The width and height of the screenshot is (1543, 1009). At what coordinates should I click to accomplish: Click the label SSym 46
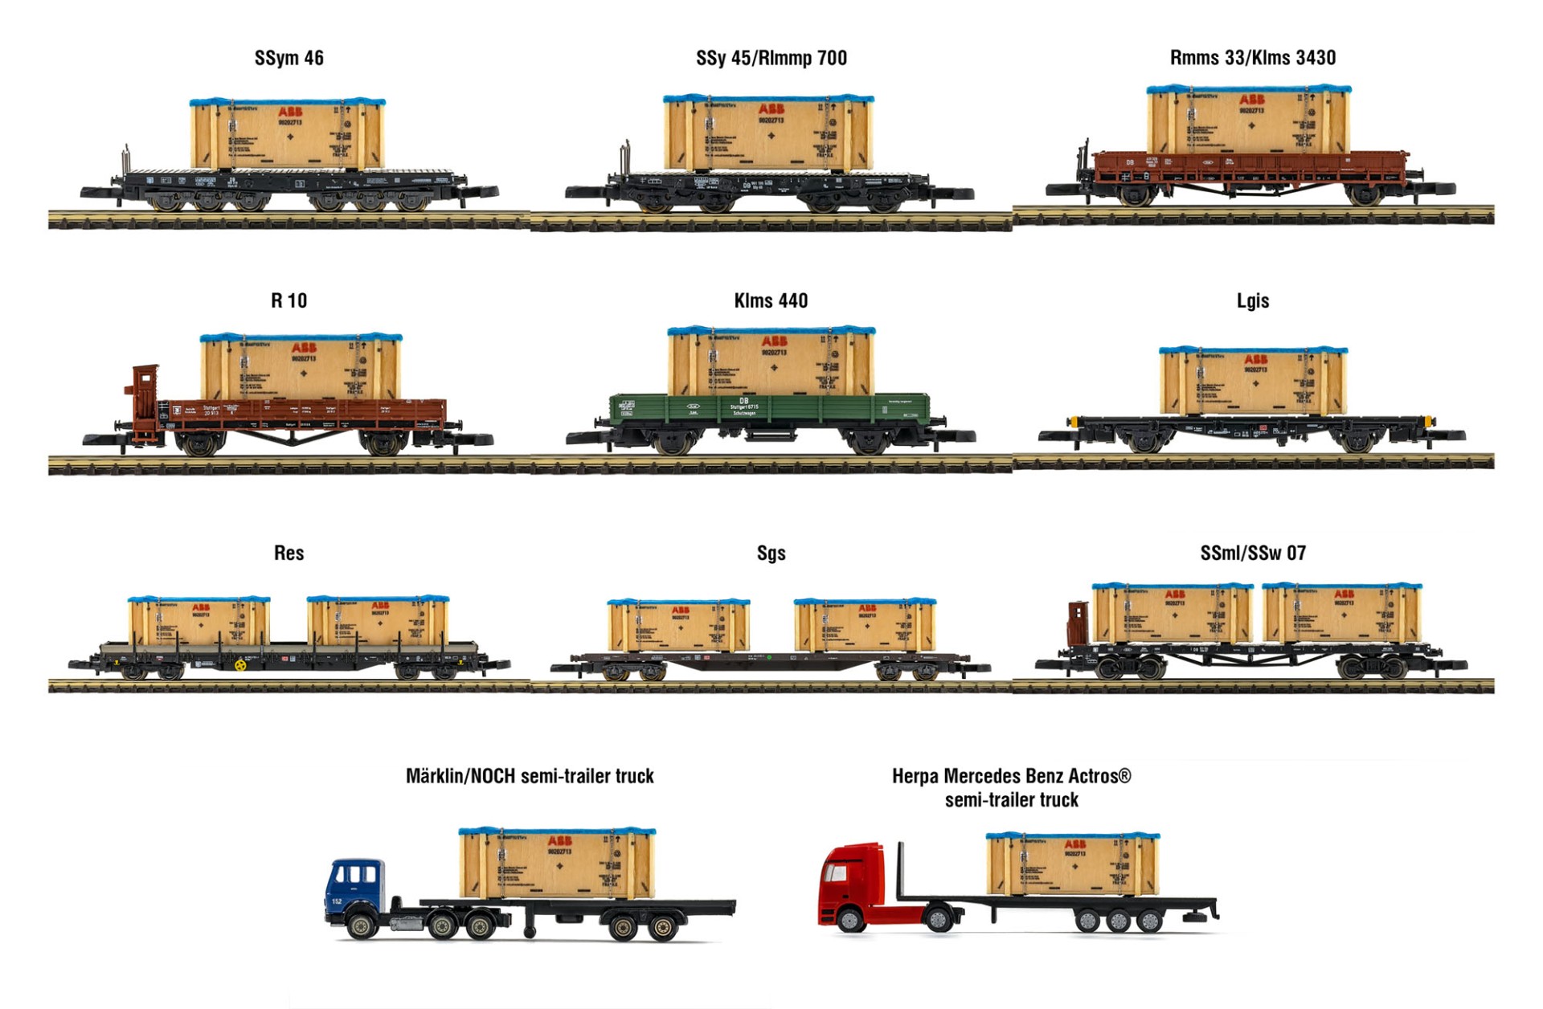pyautogui.click(x=289, y=58)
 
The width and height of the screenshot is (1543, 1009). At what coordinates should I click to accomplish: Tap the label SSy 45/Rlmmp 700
pyautogui.click(x=771, y=58)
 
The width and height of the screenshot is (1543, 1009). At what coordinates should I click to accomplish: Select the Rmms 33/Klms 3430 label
pyautogui.click(x=1252, y=58)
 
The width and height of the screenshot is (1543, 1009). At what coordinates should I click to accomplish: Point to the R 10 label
pyautogui.click(x=289, y=300)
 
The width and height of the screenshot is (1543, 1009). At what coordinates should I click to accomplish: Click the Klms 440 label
pyautogui.click(x=771, y=300)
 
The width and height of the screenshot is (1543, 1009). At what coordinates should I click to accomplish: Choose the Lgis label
pyautogui.click(x=1252, y=300)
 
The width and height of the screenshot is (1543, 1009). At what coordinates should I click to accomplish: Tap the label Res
pyautogui.click(x=289, y=553)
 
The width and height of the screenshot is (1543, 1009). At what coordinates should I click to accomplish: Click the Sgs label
pyautogui.click(x=771, y=553)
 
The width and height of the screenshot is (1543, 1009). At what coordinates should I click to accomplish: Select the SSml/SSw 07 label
pyautogui.click(x=1252, y=553)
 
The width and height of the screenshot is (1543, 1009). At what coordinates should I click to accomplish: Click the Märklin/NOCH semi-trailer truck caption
pyautogui.click(x=530, y=776)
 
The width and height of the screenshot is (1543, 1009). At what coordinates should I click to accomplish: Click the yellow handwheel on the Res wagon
pyautogui.click(x=239, y=664)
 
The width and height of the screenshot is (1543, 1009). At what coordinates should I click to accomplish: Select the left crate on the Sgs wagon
pyautogui.click(x=678, y=626)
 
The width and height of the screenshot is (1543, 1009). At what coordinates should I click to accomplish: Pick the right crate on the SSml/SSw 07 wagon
pyautogui.click(x=1341, y=614)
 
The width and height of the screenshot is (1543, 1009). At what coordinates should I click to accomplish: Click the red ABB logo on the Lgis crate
pyautogui.click(x=1255, y=359)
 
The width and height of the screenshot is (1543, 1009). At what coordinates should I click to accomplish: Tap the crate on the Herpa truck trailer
pyautogui.click(x=1072, y=864)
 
